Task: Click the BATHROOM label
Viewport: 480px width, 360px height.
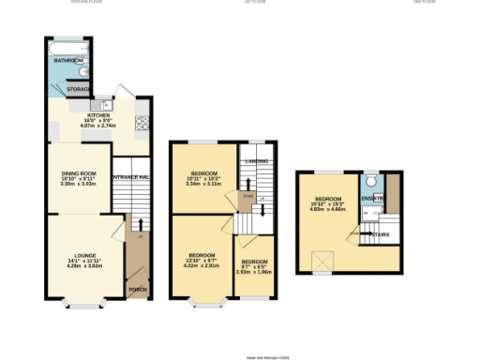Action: (68, 61)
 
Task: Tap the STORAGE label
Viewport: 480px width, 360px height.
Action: (79, 89)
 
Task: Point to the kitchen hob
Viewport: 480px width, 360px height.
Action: (142, 121)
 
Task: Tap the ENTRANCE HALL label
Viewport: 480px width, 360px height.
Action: (132, 177)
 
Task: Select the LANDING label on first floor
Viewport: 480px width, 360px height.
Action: (257, 161)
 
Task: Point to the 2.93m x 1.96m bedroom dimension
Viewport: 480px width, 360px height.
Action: (253, 272)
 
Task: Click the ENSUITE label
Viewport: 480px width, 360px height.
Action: (373, 198)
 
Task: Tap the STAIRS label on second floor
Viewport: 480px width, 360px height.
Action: (380, 233)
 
